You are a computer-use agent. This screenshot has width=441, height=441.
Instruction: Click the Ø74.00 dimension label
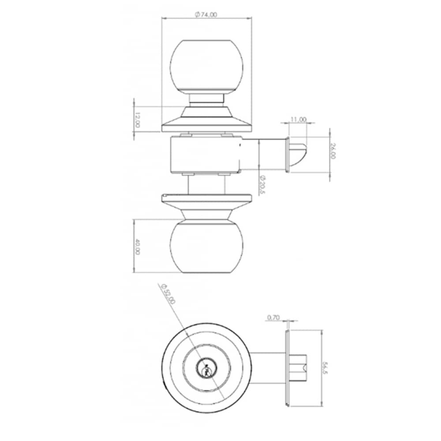[206, 15]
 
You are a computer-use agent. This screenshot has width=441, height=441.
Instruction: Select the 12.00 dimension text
[137, 120]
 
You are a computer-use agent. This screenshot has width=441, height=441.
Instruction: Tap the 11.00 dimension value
[299, 120]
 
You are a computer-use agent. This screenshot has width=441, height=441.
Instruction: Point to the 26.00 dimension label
[333, 151]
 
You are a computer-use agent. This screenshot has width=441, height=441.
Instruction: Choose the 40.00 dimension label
[137, 247]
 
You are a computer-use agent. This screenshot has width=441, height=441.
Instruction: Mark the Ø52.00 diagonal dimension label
[168, 294]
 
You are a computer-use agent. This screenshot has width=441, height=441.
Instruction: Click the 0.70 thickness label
[273, 318]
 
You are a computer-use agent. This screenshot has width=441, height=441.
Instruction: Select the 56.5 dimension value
[326, 368]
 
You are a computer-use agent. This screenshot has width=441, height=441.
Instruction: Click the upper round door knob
[207, 67]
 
